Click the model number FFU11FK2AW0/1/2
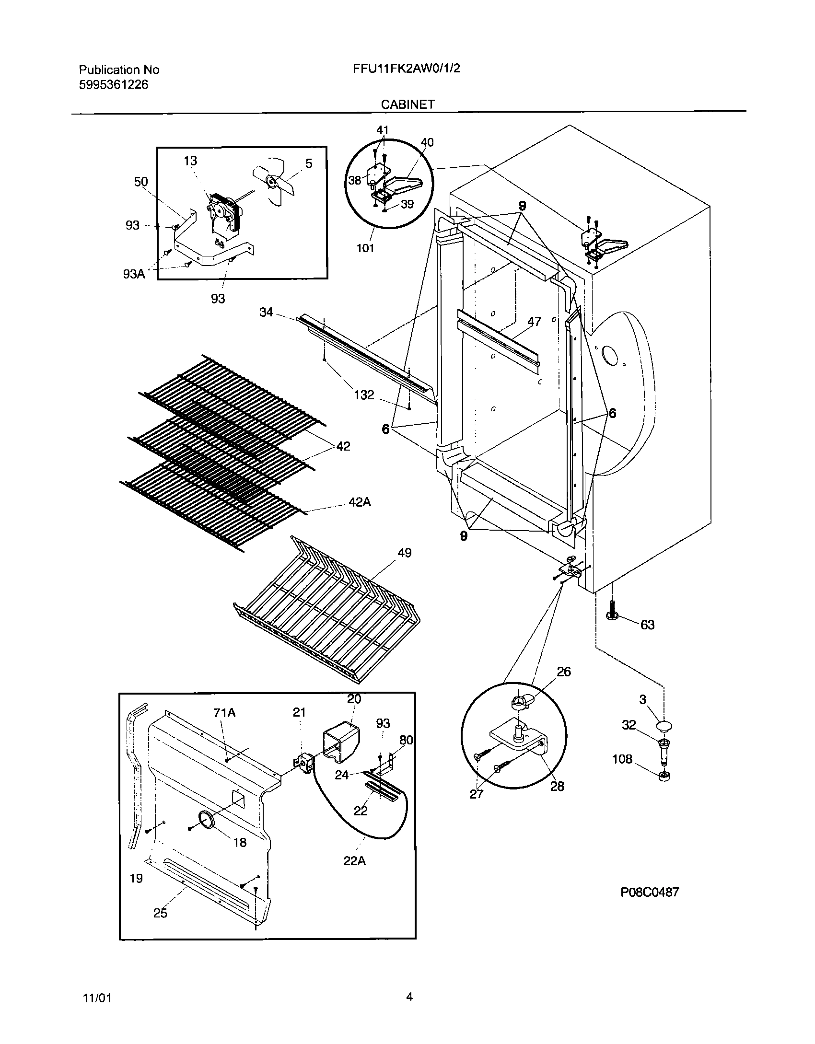pyautogui.click(x=406, y=69)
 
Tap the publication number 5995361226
pyautogui.click(x=113, y=85)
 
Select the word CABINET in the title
pyautogui.click(x=407, y=104)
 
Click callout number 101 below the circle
pyautogui.click(x=365, y=248)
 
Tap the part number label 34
pyautogui.click(x=266, y=312)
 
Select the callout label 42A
pyautogui.click(x=360, y=502)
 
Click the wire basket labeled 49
pyautogui.click(x=326, y=609)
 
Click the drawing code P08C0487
pyautogui.click(x=650, y=892)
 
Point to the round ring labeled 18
pyautogui.click(x=206, y=820)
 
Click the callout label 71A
pyautogui.click(x=224, y=713)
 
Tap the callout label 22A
pyautogui.click(x=354, y=861)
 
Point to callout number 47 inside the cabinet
pyautogui.click(x=534, y=321)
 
